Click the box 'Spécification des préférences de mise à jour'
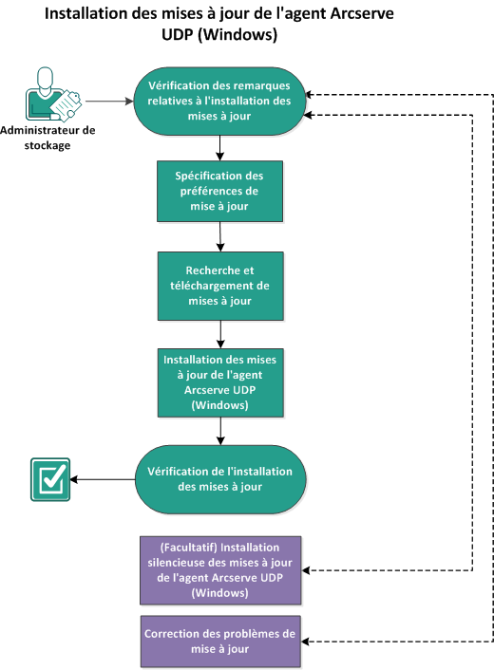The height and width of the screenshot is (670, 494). tap(219, 189)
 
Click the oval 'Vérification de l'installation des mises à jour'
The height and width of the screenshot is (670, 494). tap(219, 478)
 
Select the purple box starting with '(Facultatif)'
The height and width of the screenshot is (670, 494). tap(219, 570)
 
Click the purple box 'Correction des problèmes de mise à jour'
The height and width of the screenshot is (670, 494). tap(219, 642)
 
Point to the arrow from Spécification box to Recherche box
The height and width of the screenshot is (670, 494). tap(219, 236)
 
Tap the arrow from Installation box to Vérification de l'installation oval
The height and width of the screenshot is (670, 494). tap(219, 430)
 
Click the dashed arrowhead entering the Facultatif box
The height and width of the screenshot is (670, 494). tap(307, 570)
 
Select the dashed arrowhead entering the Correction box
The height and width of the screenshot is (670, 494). tap(307, 642)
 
